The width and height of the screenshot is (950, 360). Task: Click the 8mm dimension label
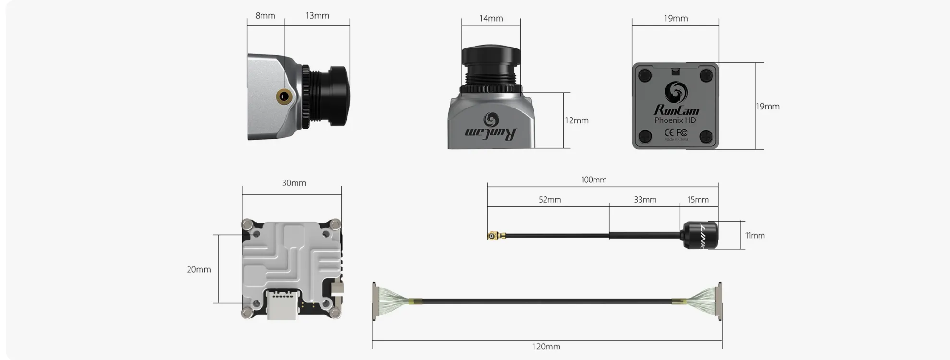[x=265, y=16]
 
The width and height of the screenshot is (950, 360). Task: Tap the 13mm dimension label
[x=317, y=16]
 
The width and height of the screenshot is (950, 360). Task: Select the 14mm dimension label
[x=491, y=19]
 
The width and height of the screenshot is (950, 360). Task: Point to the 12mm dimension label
[x=576, y=120]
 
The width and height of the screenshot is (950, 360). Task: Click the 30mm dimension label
[x=294, y=183]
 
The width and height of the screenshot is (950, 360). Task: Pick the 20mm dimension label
[x=199, y=270]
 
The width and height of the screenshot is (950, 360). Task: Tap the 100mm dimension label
[x=594, y=180]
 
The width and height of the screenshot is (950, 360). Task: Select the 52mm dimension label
[x=549, y=200]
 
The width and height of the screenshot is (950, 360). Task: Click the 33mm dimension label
[x=645, y=200]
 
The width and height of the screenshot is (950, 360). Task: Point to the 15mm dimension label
[x=698, y=200]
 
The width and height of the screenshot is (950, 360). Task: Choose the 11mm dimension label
[x=754, y=236]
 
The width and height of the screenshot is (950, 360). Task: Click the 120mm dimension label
[x=546, y=347]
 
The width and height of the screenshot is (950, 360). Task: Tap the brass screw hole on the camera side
[x=284, y=96]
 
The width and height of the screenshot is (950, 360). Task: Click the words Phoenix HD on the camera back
[x=675, y=120]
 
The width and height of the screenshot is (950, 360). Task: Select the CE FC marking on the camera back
[x=675, y=132]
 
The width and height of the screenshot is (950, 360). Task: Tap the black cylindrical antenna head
[x=700, y=235]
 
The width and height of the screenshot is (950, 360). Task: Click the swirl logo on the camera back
[x=676, y=92]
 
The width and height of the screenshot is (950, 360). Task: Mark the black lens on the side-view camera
[x=334, y=96]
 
